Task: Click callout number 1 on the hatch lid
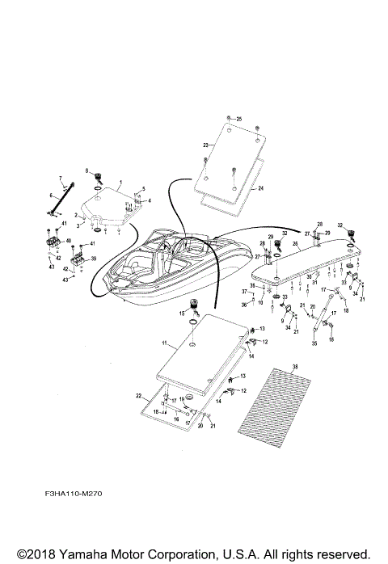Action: click(x=120, y=183)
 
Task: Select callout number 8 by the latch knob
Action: click(x=86, y=170)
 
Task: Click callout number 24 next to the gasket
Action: click(x=262, y=189)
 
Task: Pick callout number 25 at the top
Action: click(x=238, y=119)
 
